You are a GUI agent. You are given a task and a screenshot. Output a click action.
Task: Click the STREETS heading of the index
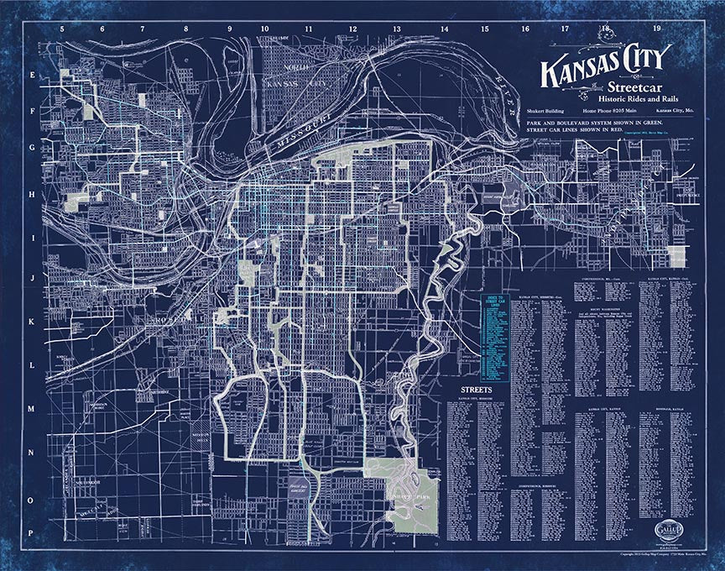(477, 391)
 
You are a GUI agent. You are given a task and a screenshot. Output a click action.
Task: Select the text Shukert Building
(550, 111)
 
